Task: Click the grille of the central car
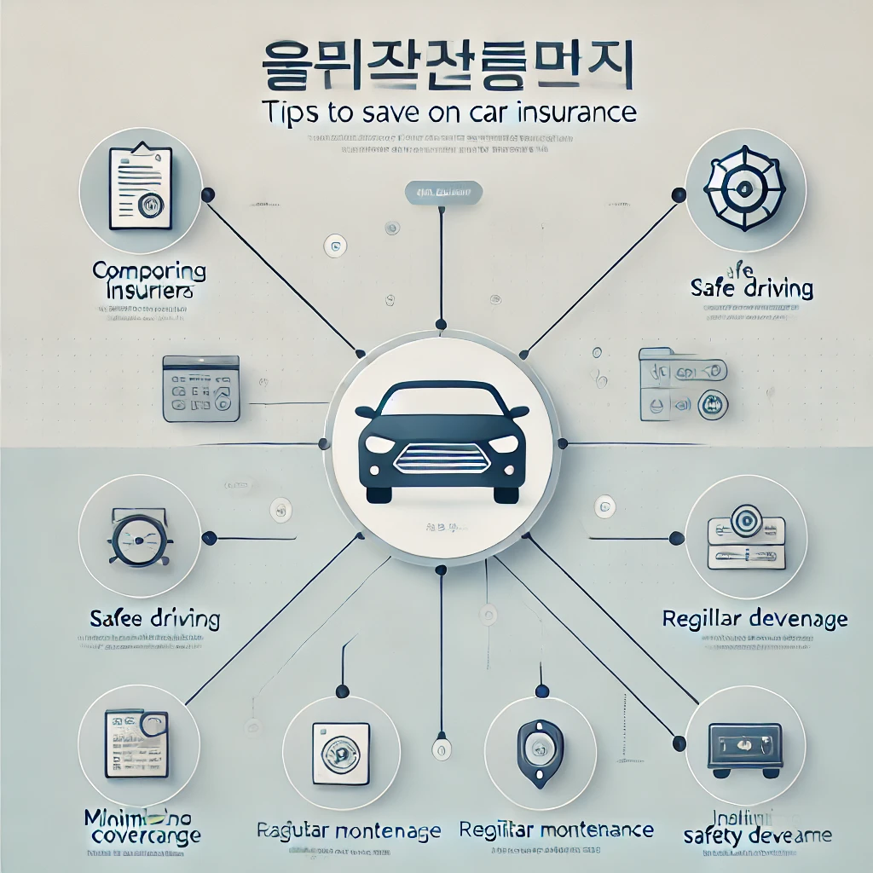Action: click(441, 462)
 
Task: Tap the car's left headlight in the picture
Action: click(379, 445)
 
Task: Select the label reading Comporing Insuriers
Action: click(148, 281)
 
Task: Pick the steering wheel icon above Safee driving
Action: click(138, 538)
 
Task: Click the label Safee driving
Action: click(154, 617)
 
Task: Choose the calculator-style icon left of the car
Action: click(200, 390)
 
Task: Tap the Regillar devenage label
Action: click(754, 618)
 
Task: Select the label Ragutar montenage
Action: click(350, 830)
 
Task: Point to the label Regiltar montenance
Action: click(556, 830)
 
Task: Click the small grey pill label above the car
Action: click(440, 194)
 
